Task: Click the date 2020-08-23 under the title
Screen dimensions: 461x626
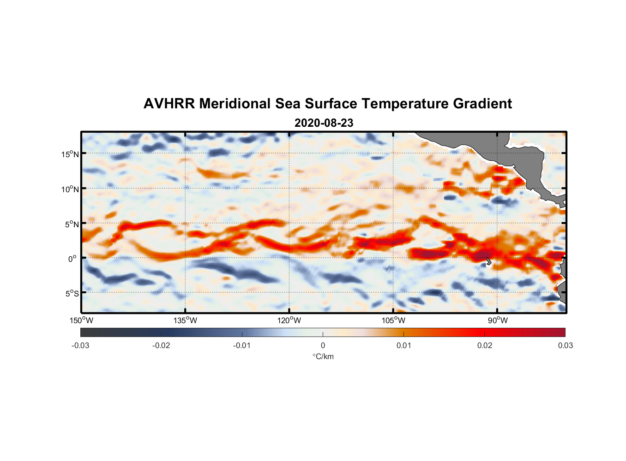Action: tap(324, 123)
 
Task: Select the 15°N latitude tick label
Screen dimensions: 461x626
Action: tap(70, 154)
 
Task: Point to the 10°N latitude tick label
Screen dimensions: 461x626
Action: tap(70, 189)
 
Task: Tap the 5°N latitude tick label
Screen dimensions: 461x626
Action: tap(72, 224)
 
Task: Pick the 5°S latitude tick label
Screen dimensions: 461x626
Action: tap(72, 294)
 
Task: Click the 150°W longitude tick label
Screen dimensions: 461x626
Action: tap(81, 320)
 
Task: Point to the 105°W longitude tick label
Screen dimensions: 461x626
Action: tap(393, 320)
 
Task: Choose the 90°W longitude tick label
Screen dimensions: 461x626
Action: tap(498, 320)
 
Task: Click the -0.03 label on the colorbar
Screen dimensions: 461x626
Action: tap(80, 345)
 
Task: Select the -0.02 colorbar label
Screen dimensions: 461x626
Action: tap(161, 345)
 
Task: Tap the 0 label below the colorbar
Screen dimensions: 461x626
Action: tap(323, 345)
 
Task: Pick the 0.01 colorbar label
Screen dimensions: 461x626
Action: tap(403, 345)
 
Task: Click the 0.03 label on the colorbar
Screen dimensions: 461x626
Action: tap(565, 345)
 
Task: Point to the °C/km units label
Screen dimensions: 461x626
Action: tap(323, 356)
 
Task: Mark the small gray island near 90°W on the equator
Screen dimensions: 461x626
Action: tap(488, 261)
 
